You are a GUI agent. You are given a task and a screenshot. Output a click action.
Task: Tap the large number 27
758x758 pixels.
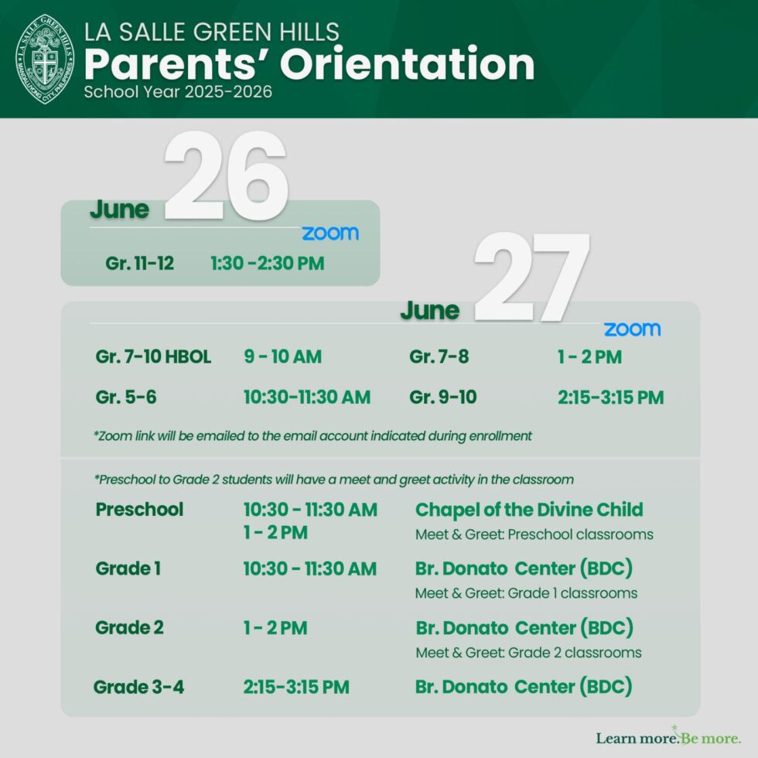533,278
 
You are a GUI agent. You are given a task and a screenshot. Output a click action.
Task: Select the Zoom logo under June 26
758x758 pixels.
330,234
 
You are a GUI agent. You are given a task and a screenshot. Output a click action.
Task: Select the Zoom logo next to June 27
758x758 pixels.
632,329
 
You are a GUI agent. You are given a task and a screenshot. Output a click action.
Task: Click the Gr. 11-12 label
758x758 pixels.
140,264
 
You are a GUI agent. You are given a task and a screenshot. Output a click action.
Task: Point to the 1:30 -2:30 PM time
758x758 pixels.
267,264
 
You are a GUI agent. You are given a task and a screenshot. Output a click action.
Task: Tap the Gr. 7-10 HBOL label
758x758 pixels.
153,357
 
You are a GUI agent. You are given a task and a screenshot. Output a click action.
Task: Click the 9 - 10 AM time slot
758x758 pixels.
282,357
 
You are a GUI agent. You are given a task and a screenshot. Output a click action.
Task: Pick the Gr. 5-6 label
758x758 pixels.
126,398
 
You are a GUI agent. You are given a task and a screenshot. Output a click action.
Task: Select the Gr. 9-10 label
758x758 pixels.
443,398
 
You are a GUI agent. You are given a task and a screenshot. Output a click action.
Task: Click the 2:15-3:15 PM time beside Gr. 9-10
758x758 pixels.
610,398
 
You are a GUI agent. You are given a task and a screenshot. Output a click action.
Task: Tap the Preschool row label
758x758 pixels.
140,510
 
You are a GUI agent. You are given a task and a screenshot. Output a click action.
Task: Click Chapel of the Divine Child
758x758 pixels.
529,510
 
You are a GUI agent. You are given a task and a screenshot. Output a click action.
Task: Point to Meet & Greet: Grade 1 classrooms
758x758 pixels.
526,593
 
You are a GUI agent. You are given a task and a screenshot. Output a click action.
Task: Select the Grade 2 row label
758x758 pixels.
129,628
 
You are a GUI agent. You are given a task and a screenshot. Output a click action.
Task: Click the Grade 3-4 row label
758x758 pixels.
139,687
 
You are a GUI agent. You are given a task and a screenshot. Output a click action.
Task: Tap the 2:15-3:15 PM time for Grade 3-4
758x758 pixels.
296,687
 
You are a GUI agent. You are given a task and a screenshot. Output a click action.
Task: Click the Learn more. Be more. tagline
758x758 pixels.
668,738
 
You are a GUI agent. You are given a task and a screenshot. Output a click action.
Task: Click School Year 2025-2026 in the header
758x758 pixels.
178,92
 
